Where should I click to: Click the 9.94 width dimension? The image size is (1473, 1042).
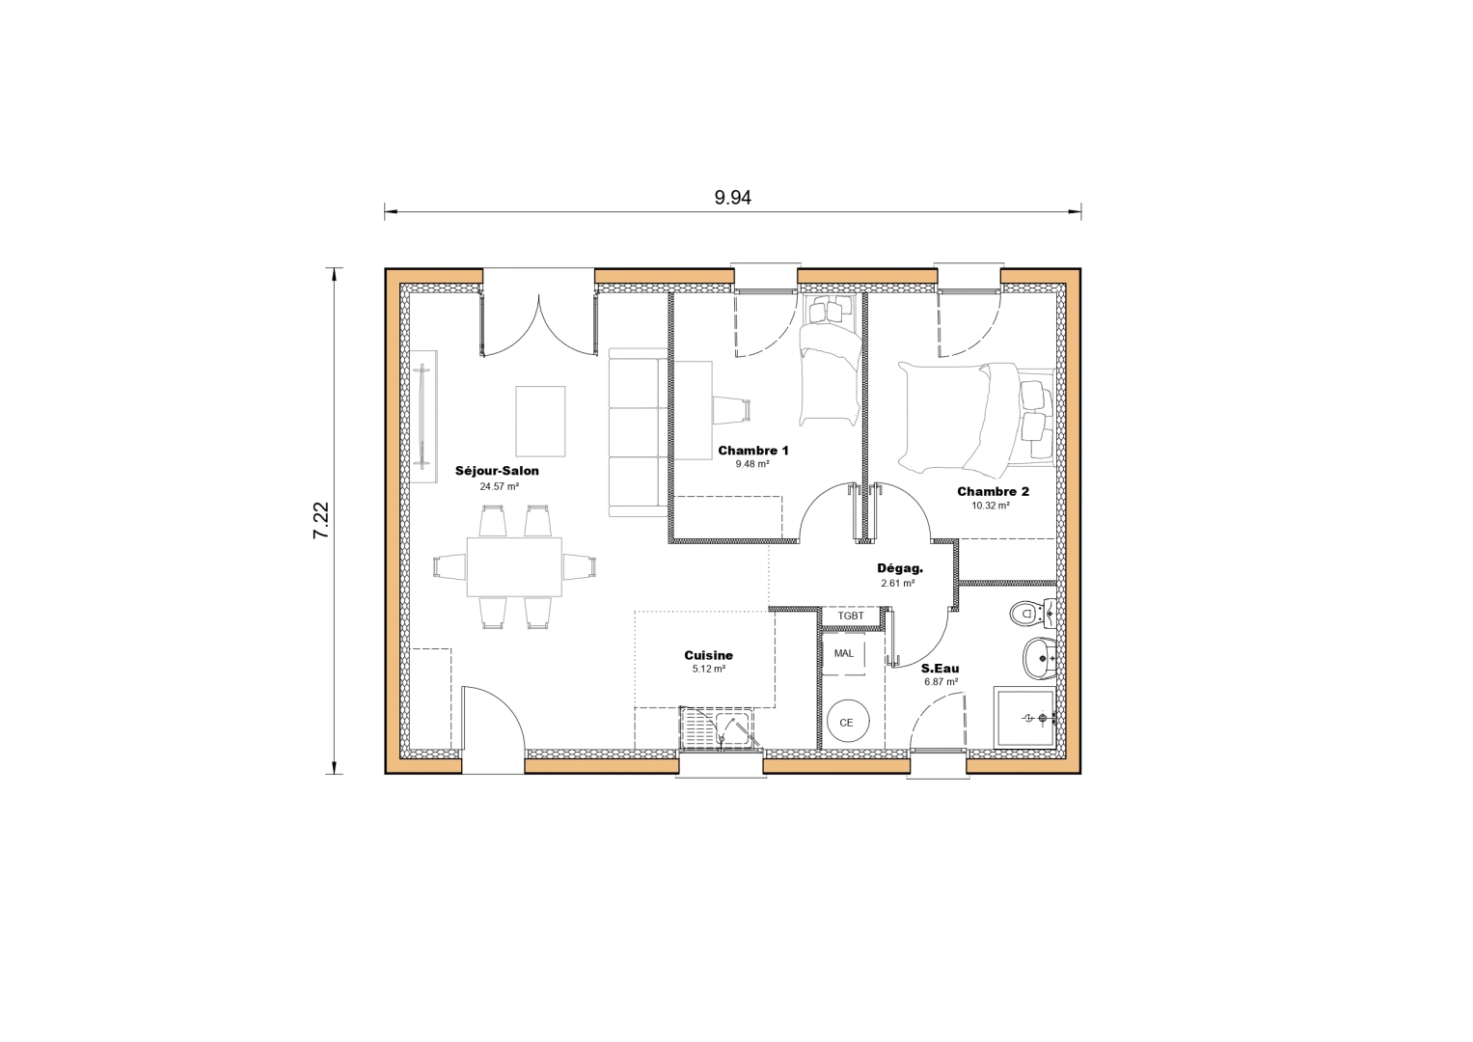click(732, 198)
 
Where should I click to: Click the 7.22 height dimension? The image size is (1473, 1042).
click(321, 520)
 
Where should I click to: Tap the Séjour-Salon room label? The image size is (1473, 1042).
click(497, 471)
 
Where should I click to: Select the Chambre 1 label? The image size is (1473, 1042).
click(752, 451)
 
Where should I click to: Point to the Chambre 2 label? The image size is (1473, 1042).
click(993, 491)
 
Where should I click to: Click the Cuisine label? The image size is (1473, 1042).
click(708, 655)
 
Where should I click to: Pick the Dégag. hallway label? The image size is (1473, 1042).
click(899, 568)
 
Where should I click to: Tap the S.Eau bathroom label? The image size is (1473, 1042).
click(940, 668)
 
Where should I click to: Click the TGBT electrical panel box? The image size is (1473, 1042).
click(851, 616)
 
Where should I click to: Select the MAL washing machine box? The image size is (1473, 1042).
click(844, 654)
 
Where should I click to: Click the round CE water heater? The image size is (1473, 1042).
click(847, 722)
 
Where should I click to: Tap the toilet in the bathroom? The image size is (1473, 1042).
click(1031, 612)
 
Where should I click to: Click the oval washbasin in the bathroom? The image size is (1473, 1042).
click(1038, 659)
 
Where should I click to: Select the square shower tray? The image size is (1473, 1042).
click(1025, 717)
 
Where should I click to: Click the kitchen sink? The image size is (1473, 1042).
click(718, 727)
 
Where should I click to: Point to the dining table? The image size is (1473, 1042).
click(514, 566)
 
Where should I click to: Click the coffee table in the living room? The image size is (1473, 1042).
click(540, 420)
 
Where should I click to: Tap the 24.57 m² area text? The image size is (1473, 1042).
click(499, 486)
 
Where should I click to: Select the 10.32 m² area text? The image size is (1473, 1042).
click(991, 506)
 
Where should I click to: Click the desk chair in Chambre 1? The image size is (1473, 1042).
click(730, 409)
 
